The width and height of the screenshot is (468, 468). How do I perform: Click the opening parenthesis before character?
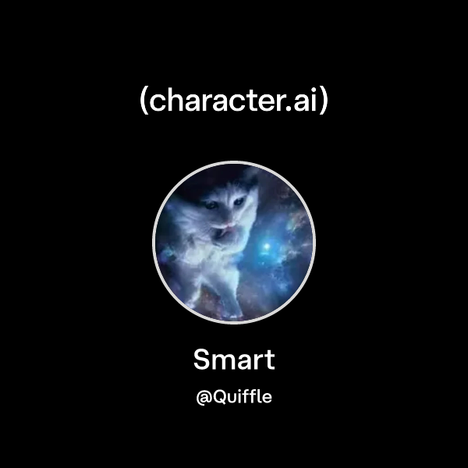click(x=144, y=102)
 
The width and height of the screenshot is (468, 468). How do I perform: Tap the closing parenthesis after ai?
click(x=324, y=102)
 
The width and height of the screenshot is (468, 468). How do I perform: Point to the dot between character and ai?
click(x=294, y=110)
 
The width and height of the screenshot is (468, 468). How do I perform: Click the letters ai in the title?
click(x=307, y=102)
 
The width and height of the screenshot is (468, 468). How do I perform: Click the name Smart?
click(x=234, y=360)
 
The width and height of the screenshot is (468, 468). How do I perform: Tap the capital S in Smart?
click(x=201, y=360)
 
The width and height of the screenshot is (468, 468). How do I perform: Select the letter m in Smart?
click(x=223, y=363)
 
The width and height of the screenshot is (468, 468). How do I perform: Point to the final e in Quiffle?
click(x=267, y=398)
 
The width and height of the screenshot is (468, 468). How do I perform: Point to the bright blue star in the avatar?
click(x=268, y=248)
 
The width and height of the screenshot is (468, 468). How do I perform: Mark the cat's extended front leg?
click(x=214, y=289)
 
